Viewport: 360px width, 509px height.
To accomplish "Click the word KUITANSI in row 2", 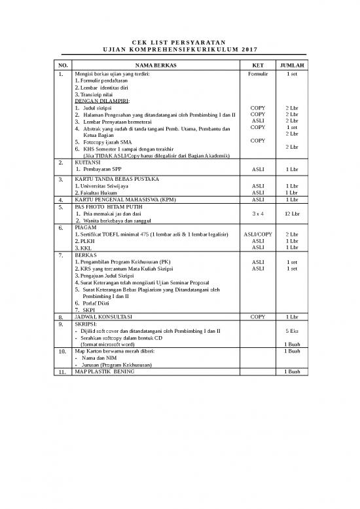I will point(88,161).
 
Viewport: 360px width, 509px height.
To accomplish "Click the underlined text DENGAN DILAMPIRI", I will point(102,101).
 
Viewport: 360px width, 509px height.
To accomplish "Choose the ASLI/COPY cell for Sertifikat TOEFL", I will point(258,234).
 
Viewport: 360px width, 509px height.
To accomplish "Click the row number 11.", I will point(62,372).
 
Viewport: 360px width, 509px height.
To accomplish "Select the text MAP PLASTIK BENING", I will point(105,371).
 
